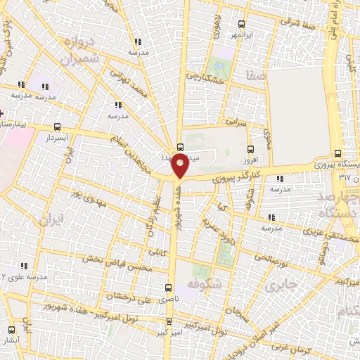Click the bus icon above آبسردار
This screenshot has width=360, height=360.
57,127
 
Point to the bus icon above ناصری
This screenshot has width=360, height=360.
167,288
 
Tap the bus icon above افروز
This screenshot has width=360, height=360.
250,149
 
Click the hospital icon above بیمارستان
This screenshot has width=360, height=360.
2,113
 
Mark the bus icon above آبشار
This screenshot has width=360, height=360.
11,329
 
